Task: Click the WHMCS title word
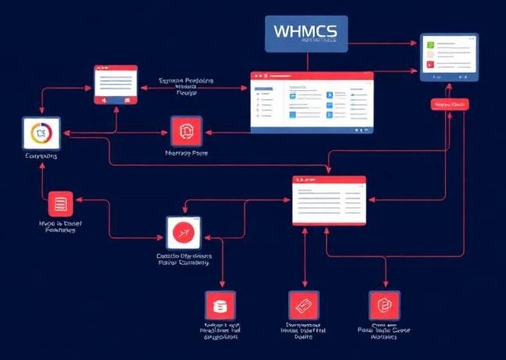pos(306,33)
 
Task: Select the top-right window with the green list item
pos(450,57)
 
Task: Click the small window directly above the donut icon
pos(115,84)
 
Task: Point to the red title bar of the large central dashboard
pos(312,76)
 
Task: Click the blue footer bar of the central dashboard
pos(312,130)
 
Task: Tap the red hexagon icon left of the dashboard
pos(186,132)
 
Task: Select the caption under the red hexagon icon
pos(187,153)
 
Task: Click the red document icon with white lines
pos(61,204)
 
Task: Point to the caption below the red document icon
pos(61,225)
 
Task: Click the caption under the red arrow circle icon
pos(185,259)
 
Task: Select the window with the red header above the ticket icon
pos(329,200)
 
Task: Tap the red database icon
pos(220,306)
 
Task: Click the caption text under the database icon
pos(219,330)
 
